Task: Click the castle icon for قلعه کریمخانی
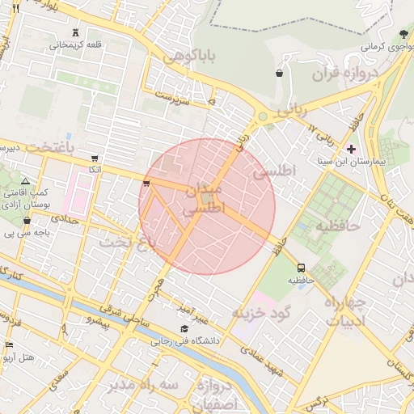coord(76,32)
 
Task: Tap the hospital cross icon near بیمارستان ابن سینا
coord(350,149)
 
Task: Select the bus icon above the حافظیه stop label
coord(301,268)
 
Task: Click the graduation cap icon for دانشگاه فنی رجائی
coord(185,329)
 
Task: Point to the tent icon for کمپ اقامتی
coord(26,181)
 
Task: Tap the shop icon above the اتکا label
coord(95,158)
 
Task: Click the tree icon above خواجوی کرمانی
coord(403,33)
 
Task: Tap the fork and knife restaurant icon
coord(15,6)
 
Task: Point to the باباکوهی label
coord(191,57)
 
